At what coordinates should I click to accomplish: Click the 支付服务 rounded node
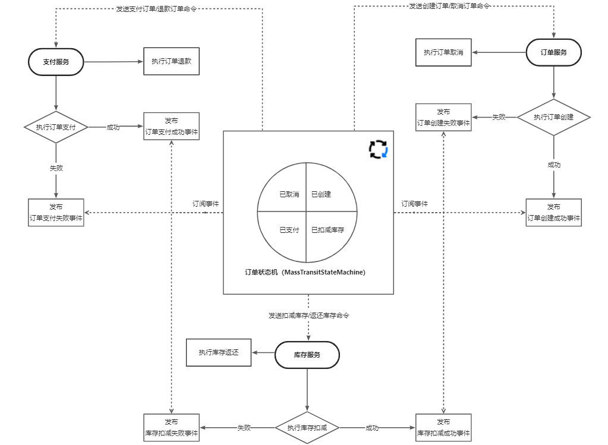[56, 62]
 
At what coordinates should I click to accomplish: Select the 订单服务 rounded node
[553, 52]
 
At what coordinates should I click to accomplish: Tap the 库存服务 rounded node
[307, 355]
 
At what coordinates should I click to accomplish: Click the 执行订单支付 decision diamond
[56, 127]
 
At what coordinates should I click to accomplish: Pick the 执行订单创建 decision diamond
[553, 117]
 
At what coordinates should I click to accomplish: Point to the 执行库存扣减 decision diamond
[307, 428]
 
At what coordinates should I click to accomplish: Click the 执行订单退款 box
[171, 61]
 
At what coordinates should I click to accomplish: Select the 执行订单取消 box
[443, 52]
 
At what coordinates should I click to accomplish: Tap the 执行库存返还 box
[219, 352]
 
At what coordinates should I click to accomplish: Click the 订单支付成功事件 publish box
[171, 127]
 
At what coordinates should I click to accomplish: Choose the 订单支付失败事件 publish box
[56, 213]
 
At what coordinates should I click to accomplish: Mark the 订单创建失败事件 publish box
[443, 117]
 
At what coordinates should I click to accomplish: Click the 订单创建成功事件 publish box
[553, 213]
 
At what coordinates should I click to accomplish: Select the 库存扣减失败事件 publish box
[171, 428]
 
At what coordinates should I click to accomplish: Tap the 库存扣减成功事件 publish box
[443, 428]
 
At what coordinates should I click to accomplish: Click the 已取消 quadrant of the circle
[289, 194]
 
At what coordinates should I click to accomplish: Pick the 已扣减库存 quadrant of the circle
[327, 230]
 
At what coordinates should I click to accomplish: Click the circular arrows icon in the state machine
[378, 149]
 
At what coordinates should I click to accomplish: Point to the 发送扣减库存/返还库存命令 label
[308, 315]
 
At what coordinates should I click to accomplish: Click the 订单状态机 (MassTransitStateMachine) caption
[305, 273]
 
